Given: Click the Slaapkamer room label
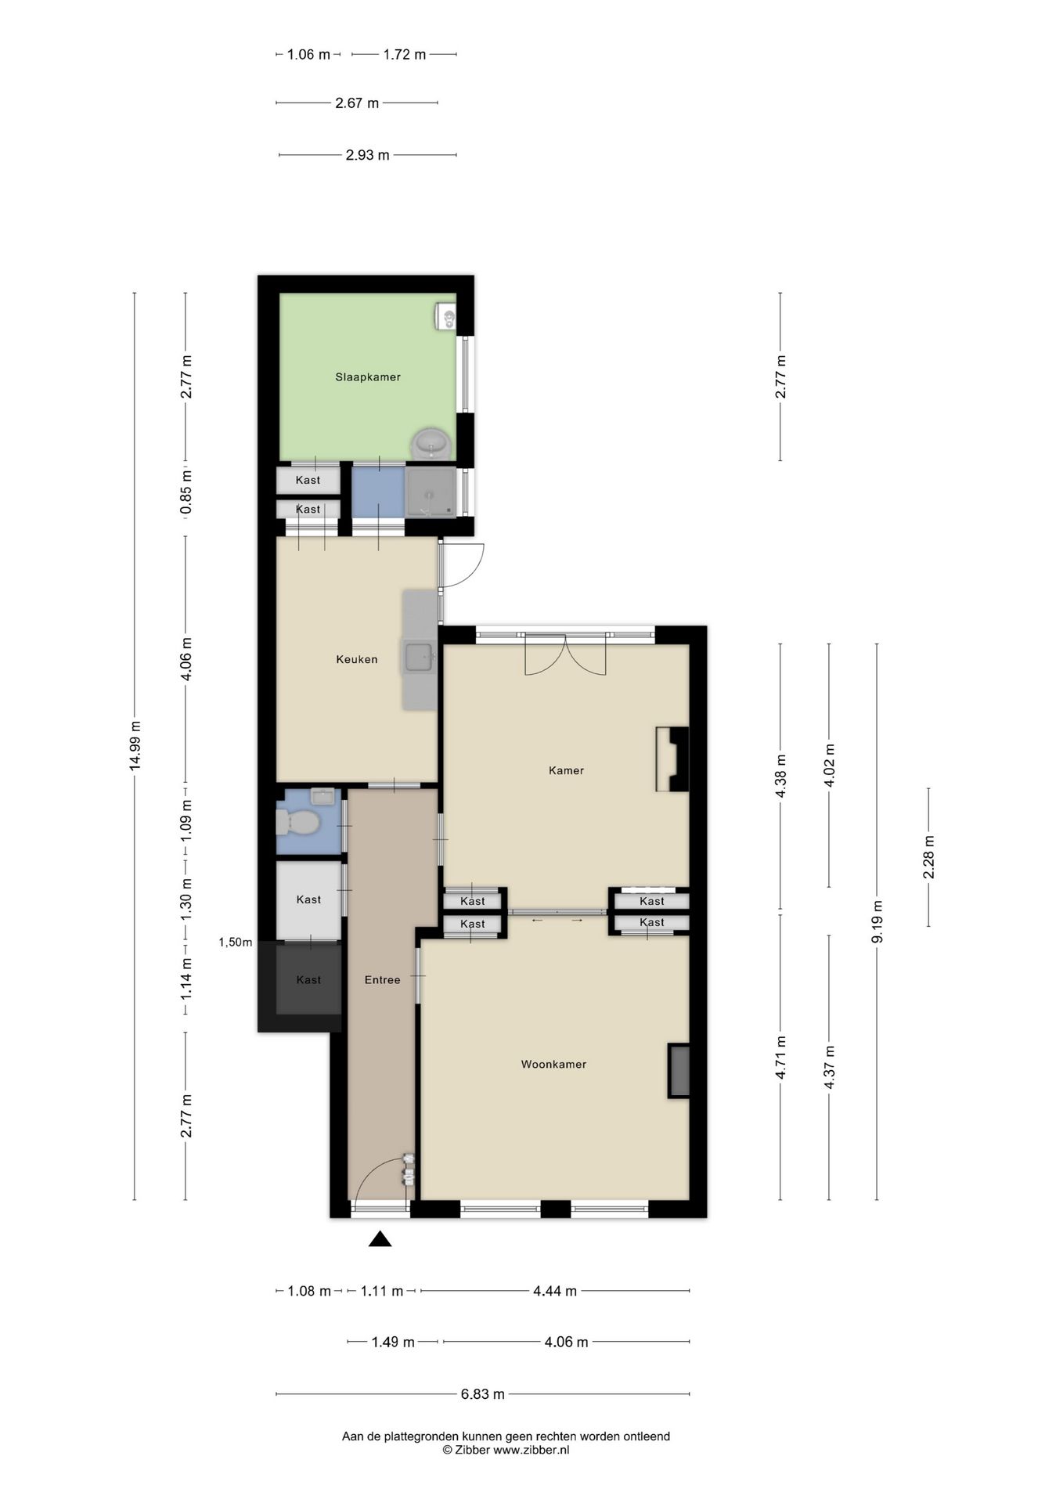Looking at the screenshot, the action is click(368, 377).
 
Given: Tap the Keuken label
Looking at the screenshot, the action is click(357, 659).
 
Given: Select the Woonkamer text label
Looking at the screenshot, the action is click(553, 1064).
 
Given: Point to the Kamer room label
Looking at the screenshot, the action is click(566, 770).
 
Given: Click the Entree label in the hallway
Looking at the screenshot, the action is click(382, 979).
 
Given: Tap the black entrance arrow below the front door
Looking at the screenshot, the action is click(380, 1238).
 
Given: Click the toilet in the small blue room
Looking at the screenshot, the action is click(297, 823).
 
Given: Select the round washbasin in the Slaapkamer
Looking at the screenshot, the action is click(431, 443).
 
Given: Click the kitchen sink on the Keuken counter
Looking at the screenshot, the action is click(418, 656).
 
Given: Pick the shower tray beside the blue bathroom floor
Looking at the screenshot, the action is click(430, 492).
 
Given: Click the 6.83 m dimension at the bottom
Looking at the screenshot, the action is click(483, 1393).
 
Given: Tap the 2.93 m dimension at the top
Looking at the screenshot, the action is click(367, 155).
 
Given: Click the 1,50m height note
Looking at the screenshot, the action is click(235, 943).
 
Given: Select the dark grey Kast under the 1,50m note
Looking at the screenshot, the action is click(308, 979).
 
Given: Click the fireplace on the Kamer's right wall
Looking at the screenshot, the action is click(672, 759).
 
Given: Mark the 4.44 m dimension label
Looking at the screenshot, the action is click(555, 1291).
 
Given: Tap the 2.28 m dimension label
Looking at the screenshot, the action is click(929, 857).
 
